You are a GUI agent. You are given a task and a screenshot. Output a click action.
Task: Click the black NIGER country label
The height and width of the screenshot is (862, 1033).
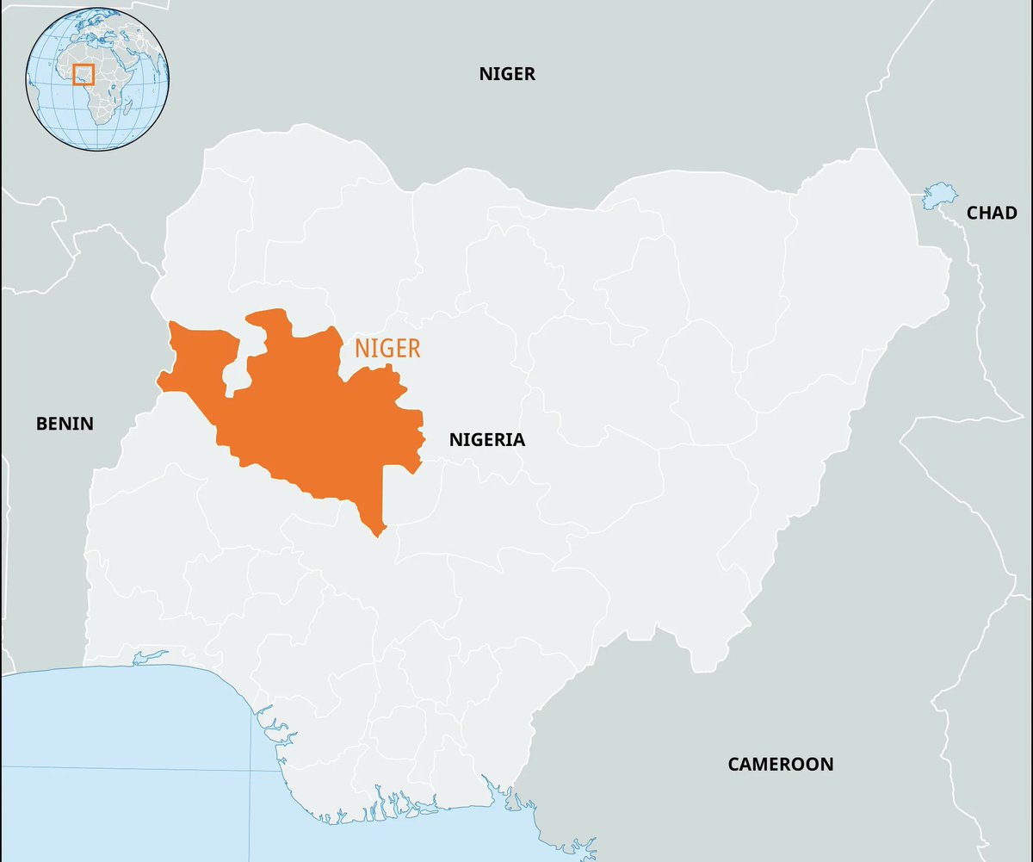[507, 74]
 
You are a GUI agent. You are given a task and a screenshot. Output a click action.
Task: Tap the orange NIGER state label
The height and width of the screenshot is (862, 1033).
[387, 349]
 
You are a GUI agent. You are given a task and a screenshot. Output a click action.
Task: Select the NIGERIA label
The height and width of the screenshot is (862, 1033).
[486, 440]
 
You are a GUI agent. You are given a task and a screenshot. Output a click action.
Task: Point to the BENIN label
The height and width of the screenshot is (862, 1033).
[65, 424]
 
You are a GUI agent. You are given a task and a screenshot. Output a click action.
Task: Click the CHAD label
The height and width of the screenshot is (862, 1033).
[992, 213]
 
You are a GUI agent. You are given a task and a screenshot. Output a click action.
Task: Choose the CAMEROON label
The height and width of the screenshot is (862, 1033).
[780, 764]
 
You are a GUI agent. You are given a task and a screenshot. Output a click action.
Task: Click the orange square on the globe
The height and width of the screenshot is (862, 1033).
[83, 75]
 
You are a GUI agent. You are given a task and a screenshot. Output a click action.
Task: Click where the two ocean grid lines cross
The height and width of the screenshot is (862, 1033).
[251, 770]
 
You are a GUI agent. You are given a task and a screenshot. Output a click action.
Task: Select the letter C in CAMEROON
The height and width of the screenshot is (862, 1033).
[733, 764]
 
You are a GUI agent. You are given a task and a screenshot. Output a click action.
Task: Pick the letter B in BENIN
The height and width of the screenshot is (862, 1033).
[40, 424]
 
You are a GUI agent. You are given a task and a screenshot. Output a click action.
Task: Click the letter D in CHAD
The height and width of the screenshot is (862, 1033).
[1011, 213]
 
